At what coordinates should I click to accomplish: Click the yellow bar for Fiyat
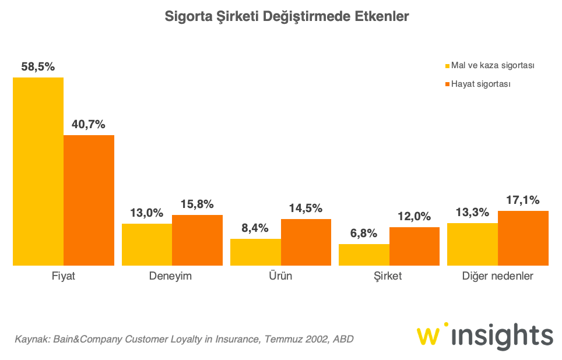coord(38,171)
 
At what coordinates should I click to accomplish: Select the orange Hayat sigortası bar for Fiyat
coord(89,200)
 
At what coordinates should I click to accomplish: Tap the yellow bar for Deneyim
coord(147,245)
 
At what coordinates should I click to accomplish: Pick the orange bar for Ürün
coord(306,242)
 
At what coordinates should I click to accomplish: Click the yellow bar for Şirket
coord(364,255)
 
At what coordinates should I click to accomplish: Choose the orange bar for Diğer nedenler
coord(523,238)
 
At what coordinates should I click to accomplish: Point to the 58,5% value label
coord(38,67)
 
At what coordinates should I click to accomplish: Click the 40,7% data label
coord(89,125)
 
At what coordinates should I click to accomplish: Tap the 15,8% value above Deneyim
coord(197,204)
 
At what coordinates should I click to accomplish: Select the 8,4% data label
coord(255,228)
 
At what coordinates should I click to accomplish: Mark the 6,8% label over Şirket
coord(364,234)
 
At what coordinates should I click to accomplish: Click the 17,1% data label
coord(523,200)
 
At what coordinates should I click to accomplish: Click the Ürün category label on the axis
coord(281,276)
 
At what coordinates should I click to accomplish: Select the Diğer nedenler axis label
coord(498,276)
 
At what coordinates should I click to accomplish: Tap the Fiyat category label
coord(64,276)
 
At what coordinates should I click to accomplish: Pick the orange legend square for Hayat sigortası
coord(448,84)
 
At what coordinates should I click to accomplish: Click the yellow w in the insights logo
coord(430,337)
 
